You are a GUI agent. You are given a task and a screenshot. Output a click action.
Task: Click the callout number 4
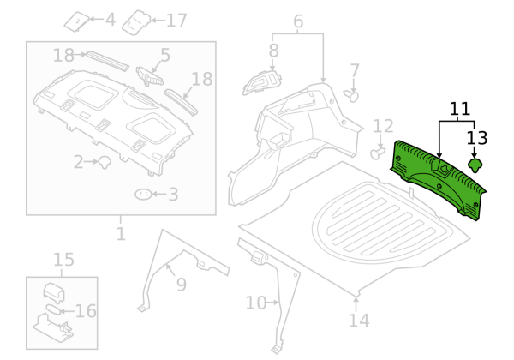click(110, 19)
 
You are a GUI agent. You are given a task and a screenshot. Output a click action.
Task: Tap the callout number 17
click(176, 20)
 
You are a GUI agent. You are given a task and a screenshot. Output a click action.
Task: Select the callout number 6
click(298, 21)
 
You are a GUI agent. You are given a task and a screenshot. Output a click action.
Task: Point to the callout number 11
click(460, 109)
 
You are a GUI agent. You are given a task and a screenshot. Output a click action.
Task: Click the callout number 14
click(359, 321)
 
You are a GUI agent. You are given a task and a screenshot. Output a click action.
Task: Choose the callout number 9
click(181, 285)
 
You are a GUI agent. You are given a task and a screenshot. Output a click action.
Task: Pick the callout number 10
click(255, 303)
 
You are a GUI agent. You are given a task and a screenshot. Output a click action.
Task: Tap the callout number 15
click(64, 260)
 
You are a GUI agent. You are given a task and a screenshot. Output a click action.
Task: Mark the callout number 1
click(121, 233)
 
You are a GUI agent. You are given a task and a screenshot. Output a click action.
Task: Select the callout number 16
click(87, 311)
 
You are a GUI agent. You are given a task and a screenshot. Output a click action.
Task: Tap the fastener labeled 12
click(377, 153)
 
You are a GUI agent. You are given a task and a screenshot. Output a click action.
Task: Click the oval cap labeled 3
click(144, 195)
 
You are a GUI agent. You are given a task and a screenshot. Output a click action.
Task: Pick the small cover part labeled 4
click(79, 19)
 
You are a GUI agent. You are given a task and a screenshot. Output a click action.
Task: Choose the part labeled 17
click(137, 21)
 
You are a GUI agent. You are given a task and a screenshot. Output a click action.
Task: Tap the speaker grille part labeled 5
click(151, 75)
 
